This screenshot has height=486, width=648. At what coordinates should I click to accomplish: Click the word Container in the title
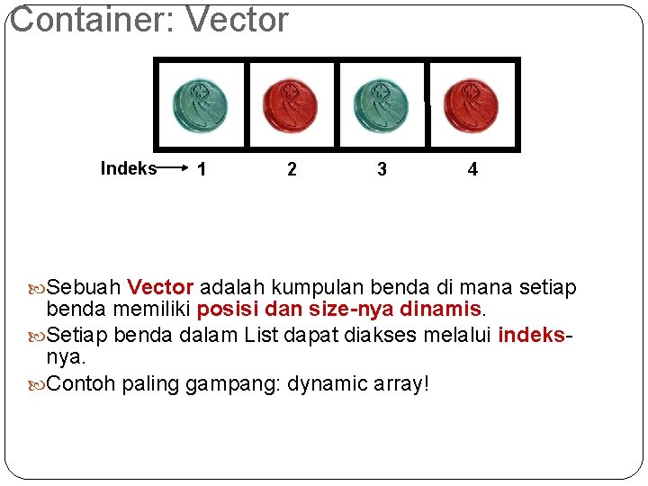(85, 20)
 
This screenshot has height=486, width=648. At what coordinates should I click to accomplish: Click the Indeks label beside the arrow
(128, 168)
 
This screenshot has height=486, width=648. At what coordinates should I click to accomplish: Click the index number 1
(202, 169)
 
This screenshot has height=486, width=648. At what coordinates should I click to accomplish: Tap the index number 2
(292, 169)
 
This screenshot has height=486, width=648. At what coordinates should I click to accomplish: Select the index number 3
(382, 169)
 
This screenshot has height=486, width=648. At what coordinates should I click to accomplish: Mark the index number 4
(473, 169)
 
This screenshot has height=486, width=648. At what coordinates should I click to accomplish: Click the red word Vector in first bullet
(160, 288)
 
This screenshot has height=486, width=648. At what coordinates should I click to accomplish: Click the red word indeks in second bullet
(534, 336)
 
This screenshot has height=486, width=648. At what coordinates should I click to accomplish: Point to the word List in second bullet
(263, 336)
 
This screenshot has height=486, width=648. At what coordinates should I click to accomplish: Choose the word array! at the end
(399, 384)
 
